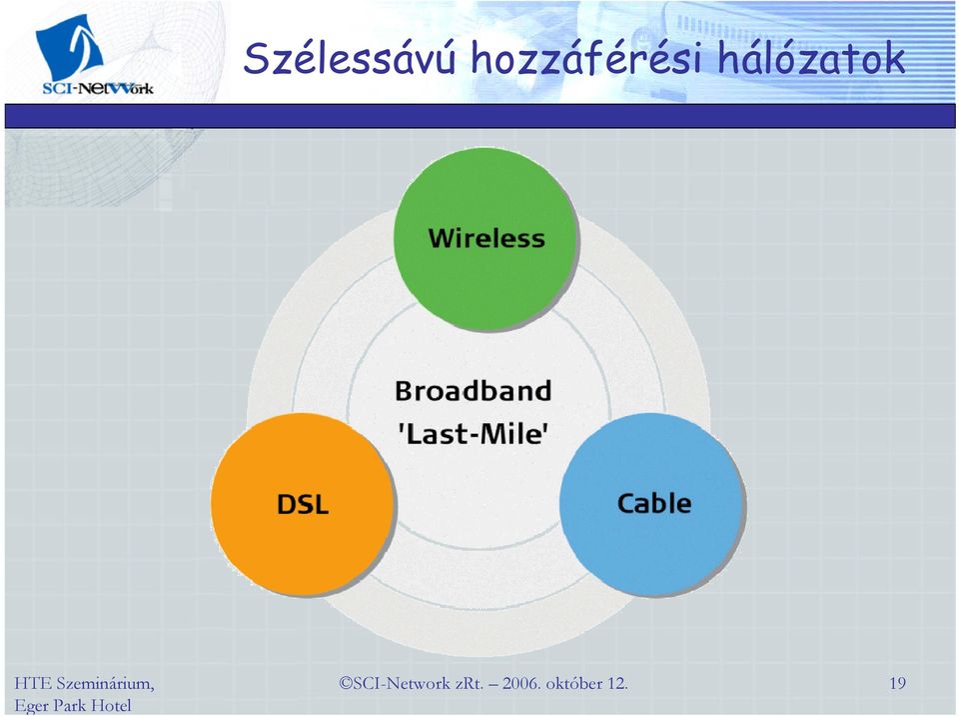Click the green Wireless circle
(485, 239)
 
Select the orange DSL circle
(302, 503)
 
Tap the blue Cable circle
(652, 503)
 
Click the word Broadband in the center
(473, 391)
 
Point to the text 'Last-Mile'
(473, 434)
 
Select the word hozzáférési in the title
(586, 58)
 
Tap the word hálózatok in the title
(810, 58)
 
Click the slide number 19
(897, 683)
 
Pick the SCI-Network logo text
(98, 88)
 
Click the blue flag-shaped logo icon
(69, 46)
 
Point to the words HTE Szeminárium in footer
(84, 684)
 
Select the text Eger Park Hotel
(73, 706)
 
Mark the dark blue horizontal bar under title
(480, 116)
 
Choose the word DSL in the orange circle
(302, 505)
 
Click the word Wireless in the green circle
(486, 238)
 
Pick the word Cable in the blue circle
(653, 503)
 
